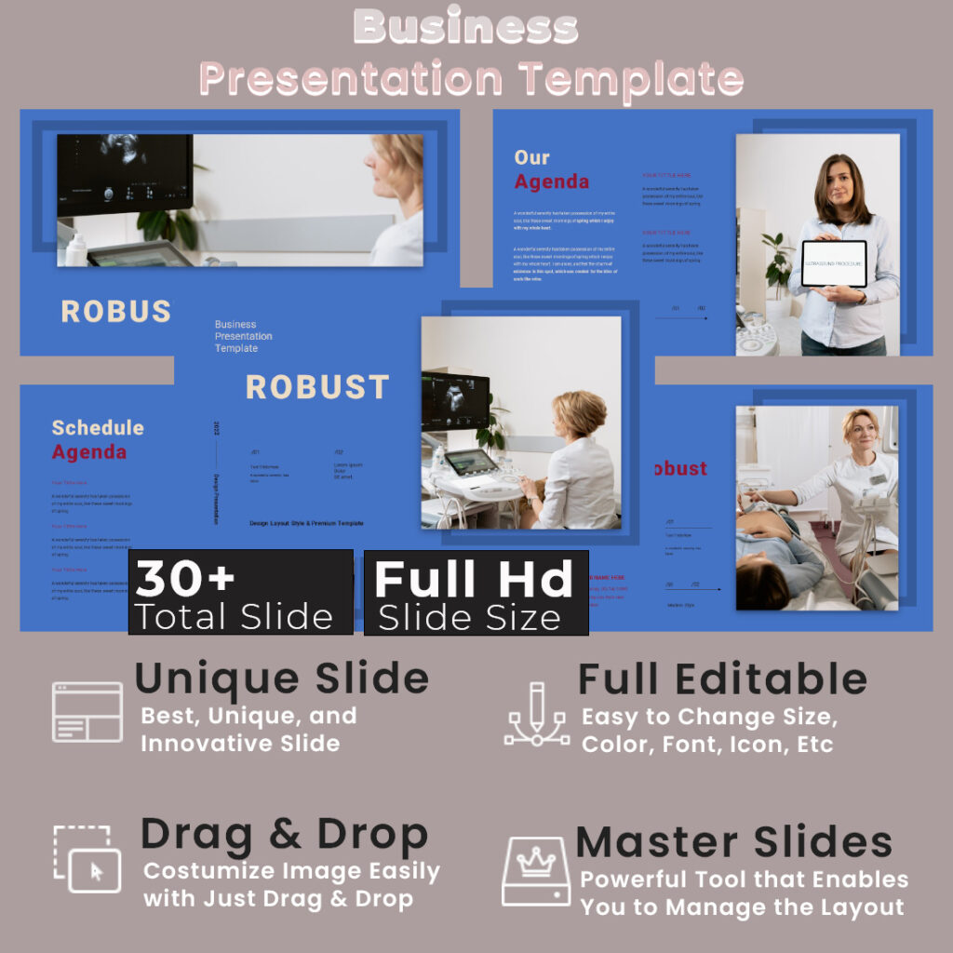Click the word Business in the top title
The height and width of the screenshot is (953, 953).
[x=466, y=28]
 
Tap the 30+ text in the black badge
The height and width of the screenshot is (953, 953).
[x=185, y=580]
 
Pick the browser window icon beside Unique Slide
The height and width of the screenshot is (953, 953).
[x=87, y=712]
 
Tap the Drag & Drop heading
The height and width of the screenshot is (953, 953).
[x=284, y=834]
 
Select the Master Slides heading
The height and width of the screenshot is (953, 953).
[x=734, y=842]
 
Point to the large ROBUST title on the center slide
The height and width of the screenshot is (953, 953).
[x=317, y=387]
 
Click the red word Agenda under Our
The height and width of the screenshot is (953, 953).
[x=552, y=181]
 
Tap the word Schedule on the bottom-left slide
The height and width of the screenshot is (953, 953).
[x=98, y=428]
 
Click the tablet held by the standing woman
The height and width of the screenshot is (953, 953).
[x=833, y=264]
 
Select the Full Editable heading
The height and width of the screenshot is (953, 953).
[x=722, y=679]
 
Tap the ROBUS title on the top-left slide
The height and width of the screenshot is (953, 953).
[x=116, y=312]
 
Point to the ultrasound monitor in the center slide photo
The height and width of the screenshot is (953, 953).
[x=455, y=400]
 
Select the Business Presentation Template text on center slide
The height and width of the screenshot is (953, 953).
[x=244, y=336]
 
